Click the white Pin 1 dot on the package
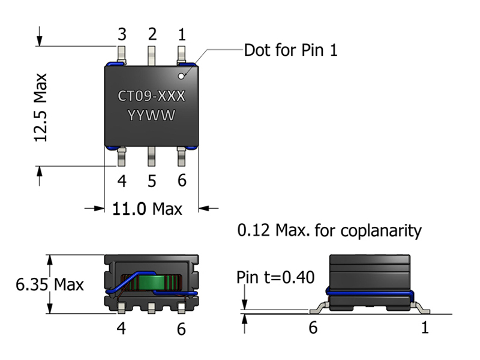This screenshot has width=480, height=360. point(181,76)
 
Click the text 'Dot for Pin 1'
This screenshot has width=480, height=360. point(290,50)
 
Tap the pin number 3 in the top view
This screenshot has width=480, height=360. point(122,34)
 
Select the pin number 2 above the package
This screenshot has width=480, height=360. point(152,34)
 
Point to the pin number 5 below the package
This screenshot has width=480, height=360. point(152,181)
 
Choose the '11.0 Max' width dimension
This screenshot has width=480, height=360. point(147,209)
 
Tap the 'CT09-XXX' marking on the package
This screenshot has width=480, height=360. point(152,97)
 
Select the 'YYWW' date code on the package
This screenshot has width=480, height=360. point(152,116)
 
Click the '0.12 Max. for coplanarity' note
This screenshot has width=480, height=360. point(329,230)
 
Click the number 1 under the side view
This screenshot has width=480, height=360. point(425,328)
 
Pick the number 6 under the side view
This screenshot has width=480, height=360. point(313,328)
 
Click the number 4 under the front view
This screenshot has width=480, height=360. point(122,328)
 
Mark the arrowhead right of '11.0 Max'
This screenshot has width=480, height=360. point(204,209)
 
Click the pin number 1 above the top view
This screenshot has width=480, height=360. point(182,34)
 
